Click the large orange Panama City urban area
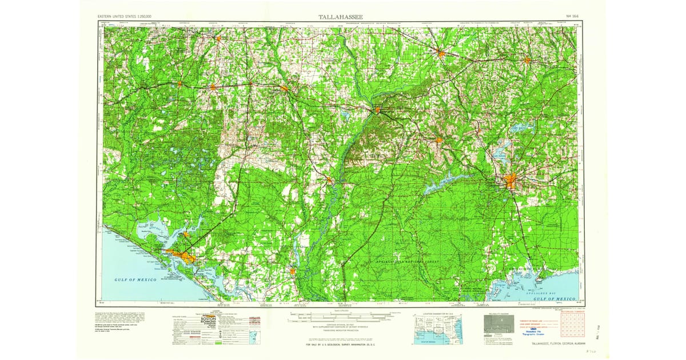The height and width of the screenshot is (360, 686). point(181,255)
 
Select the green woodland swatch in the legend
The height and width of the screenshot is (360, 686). point(221,344)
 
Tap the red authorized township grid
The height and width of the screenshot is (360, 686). point(572,326)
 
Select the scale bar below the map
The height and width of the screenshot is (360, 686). point(342,314)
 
